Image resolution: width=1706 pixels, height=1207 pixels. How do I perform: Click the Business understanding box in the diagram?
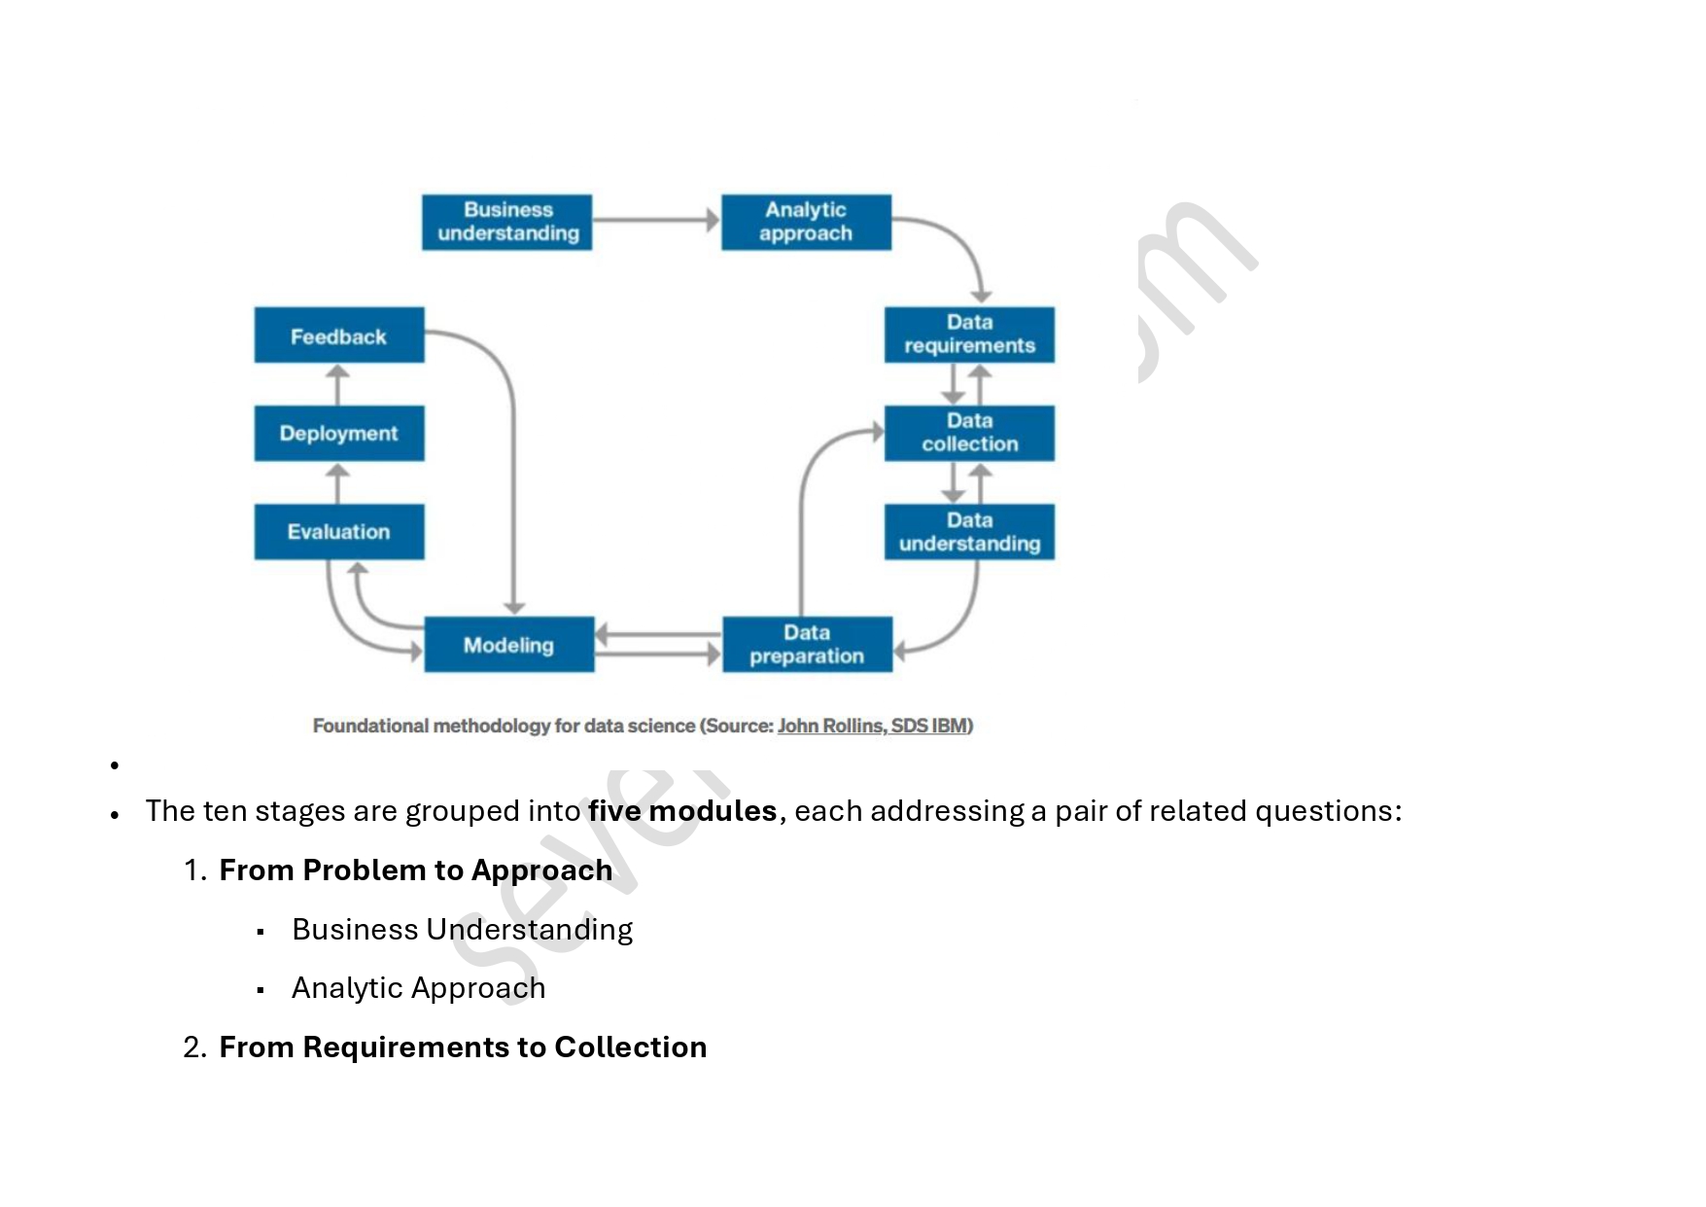click(506, 222)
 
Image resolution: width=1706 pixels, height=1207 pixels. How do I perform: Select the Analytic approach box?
click(806, 222)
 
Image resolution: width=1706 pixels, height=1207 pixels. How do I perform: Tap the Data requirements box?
click(969, 335)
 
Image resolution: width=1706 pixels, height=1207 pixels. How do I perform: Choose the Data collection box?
click(969, 433)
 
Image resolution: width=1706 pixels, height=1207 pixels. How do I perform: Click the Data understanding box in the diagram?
click(969, 531)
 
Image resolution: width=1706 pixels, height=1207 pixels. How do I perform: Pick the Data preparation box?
click(807, 644)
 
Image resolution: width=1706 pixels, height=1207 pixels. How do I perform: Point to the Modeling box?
click(508, 644)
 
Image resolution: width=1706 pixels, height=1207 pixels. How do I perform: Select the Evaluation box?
click(338, 531)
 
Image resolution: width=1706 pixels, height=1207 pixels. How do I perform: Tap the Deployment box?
click(338, 433)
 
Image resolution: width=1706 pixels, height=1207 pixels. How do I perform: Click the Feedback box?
click(338, 336)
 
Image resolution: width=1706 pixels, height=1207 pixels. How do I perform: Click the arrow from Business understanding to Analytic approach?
click(656, 221)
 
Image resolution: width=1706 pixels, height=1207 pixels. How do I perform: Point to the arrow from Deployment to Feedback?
click(337, 384)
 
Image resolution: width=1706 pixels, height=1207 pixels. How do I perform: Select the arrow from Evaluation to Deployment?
click(337, 482)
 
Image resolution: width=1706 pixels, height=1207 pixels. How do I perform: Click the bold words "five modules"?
click(682, 810)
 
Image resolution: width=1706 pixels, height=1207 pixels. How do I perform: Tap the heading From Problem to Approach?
click(416, 870)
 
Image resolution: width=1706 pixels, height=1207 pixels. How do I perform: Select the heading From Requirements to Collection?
click(463, 1047)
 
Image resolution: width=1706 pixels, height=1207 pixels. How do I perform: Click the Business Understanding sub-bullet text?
click(462, 929)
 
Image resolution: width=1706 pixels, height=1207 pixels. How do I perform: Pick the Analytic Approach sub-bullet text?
click(418, 987)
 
